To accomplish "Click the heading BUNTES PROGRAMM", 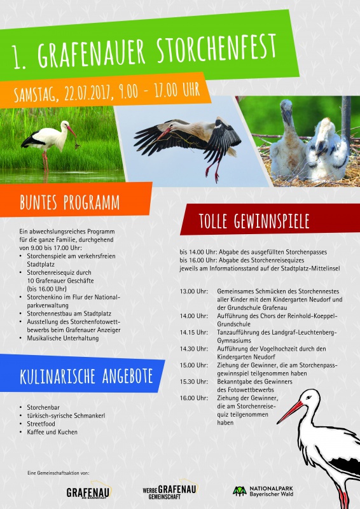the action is (x=69, y=203).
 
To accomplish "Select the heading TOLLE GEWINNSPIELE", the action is (x=254, y=221).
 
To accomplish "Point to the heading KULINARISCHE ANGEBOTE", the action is (x=86, y=376).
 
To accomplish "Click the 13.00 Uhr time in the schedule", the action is (x=193, y=291).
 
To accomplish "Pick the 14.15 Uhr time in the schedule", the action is (x=193, y=332).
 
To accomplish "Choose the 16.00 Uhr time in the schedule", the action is (x=193, y=398).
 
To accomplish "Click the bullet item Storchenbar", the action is (x=44, y=407).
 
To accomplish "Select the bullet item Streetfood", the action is (x=43, y=424).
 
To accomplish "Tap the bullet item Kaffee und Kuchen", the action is (x=52, y=432).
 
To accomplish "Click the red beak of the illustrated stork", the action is (x=289, y=412).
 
